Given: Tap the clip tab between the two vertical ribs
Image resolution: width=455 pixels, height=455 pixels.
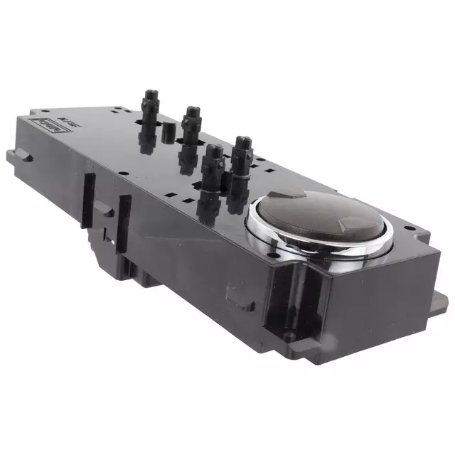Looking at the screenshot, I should click(x=104, y=208).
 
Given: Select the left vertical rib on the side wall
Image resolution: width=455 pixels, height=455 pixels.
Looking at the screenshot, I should click(x=88, y=200).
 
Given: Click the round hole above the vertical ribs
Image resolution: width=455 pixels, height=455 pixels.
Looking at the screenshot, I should click(x=124, y=171).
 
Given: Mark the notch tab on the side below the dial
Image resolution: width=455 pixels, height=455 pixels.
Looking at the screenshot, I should click(x=235, y=291).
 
